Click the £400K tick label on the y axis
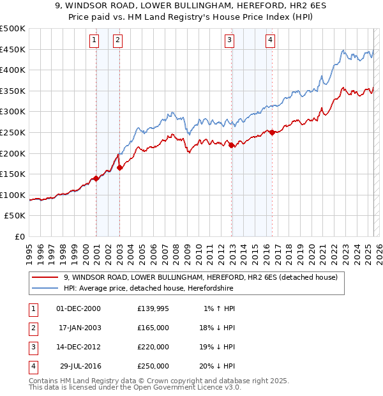tap(13, 70)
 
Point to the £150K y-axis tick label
tap(13, 174)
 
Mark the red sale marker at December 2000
tap(96, 178)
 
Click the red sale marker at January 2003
tap(120, 168)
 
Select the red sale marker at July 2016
tap(273, 132)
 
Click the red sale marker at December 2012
tap(232, 145)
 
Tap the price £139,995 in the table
tap(153, 308)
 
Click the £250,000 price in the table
tap(153, 366)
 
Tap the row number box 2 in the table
tap(32, 328)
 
